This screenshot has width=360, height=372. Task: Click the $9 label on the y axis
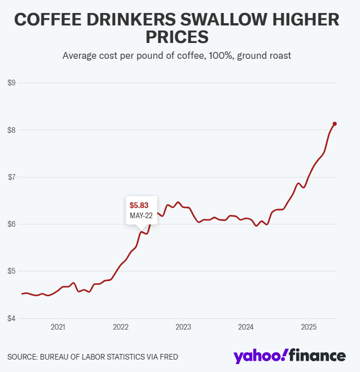click(x=11, y=83)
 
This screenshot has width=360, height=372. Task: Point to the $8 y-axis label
click(x=11, y=130)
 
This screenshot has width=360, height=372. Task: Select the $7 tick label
click(x=11, y=177)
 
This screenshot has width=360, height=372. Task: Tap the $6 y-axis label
click(x=11, y=224)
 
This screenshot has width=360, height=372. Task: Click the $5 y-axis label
click(x=11, y=271)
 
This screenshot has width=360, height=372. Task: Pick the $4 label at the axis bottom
click(x=11, y=318)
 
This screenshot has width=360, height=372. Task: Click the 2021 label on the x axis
click(x=58, y=327)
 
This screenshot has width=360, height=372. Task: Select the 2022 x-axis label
click(x=120, y=327)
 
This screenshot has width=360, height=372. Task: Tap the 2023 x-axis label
click(x=183, y=327)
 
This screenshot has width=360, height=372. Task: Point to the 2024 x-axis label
click(x=246, y=327)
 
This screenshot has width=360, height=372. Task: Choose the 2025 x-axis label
click(x=309, y=327)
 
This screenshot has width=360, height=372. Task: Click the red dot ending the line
click(x=335, y=124)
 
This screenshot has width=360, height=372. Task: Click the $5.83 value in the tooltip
click(x=139, y=205)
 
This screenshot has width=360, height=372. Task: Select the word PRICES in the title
click(x=177, y=37)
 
